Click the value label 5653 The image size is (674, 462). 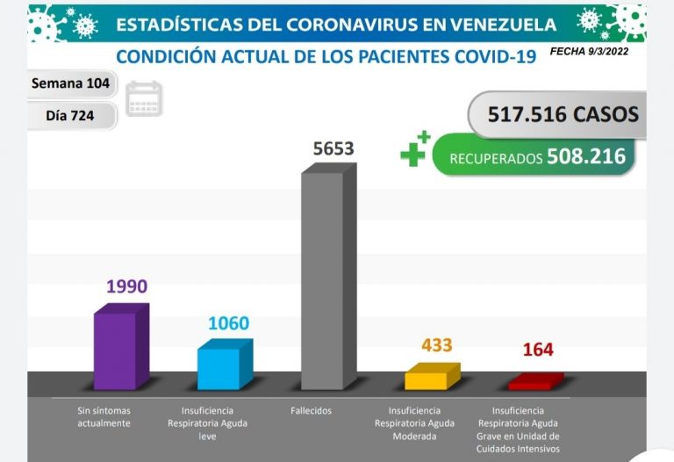coord(333,148)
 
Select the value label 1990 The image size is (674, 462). coord(126,286)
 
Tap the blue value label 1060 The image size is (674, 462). coord(228,323)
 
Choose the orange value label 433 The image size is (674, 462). coord(436,345)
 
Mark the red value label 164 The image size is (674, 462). coord(538,350)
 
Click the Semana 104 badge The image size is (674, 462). coord(72,84)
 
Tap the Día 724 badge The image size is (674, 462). coord(71,115)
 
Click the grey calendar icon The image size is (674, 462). coord(144,98)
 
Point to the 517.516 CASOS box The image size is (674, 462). coord(556,115)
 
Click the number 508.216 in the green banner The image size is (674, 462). coord(585,156)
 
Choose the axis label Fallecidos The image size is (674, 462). coord(312,410)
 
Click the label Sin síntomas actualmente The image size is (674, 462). coord(104,416)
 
